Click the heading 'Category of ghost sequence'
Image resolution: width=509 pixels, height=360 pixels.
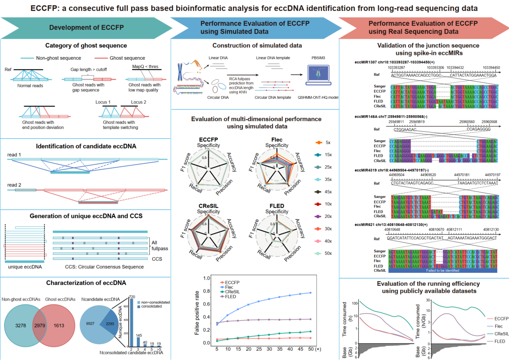click(x=86, y=45)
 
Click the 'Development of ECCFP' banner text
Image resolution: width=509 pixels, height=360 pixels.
click(x=86, y=27)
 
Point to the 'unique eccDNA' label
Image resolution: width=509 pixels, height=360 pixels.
click(x=25, y=267)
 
